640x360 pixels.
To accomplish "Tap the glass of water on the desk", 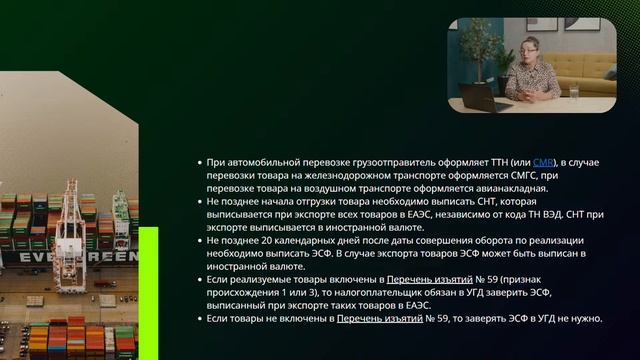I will point(575,92).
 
